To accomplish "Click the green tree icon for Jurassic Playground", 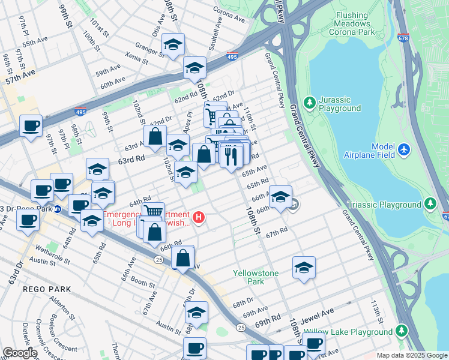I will [310, 103].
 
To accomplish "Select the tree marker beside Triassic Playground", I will [430, 204].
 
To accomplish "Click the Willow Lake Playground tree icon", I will [400, 331].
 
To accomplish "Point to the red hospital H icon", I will [199, 216].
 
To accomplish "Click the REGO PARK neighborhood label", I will [47, 289].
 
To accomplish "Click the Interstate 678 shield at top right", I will [403, 37].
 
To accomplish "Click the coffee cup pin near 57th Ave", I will [31, 126].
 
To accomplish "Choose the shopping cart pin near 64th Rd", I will [154, 211].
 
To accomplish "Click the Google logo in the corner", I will [19, 353].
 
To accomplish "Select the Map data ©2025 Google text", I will [411, 355].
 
